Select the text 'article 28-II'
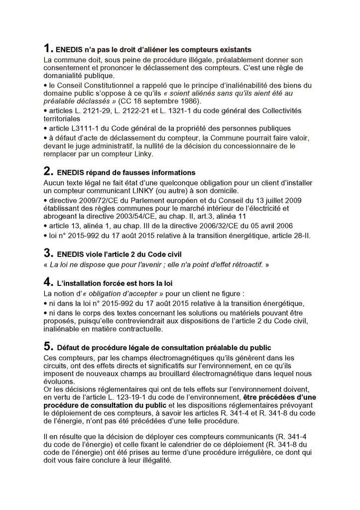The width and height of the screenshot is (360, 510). pos(289,235)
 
